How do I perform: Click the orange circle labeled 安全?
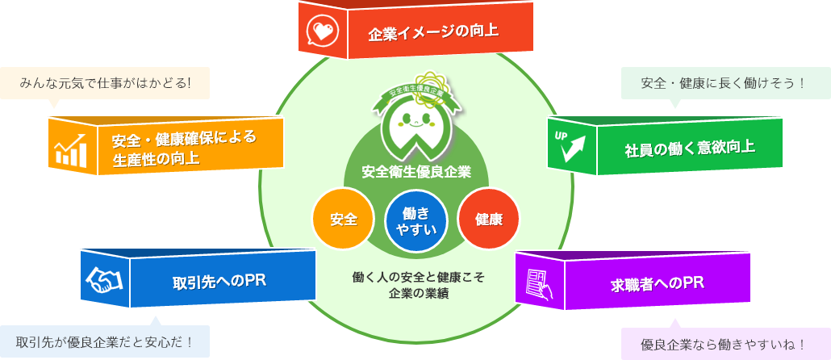344,218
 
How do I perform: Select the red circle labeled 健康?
489,218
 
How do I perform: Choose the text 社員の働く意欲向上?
690,148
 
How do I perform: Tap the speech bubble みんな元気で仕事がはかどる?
105,82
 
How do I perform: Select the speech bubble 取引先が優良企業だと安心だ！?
105,341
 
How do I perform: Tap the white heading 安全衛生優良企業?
416,171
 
